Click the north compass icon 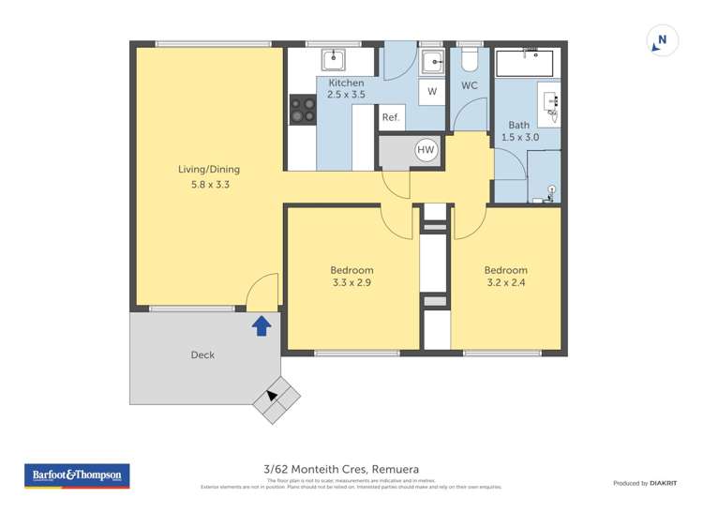[663, 41]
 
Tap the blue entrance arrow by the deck [262, 325]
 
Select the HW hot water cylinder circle [426, 150]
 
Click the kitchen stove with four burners [303, 111]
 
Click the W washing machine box [431, 92]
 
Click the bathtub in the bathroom [525, 63]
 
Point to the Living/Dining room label [209, 170]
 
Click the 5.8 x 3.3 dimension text [209, 185]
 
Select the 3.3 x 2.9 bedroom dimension [351, 282]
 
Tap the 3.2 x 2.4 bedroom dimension [506, 282]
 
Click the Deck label [202, 355]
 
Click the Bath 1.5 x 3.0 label [519, 131]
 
